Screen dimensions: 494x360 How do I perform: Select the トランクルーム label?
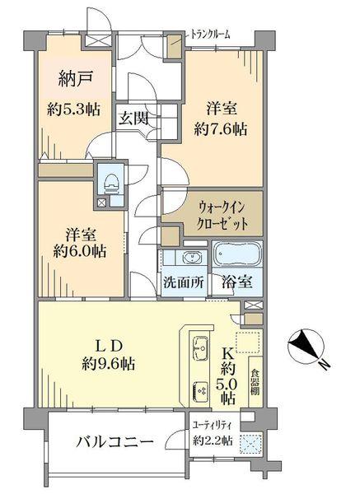(210, 34)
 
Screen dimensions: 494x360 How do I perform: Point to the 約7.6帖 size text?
(218, 129)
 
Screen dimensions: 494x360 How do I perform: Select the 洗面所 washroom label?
(182, 281)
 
